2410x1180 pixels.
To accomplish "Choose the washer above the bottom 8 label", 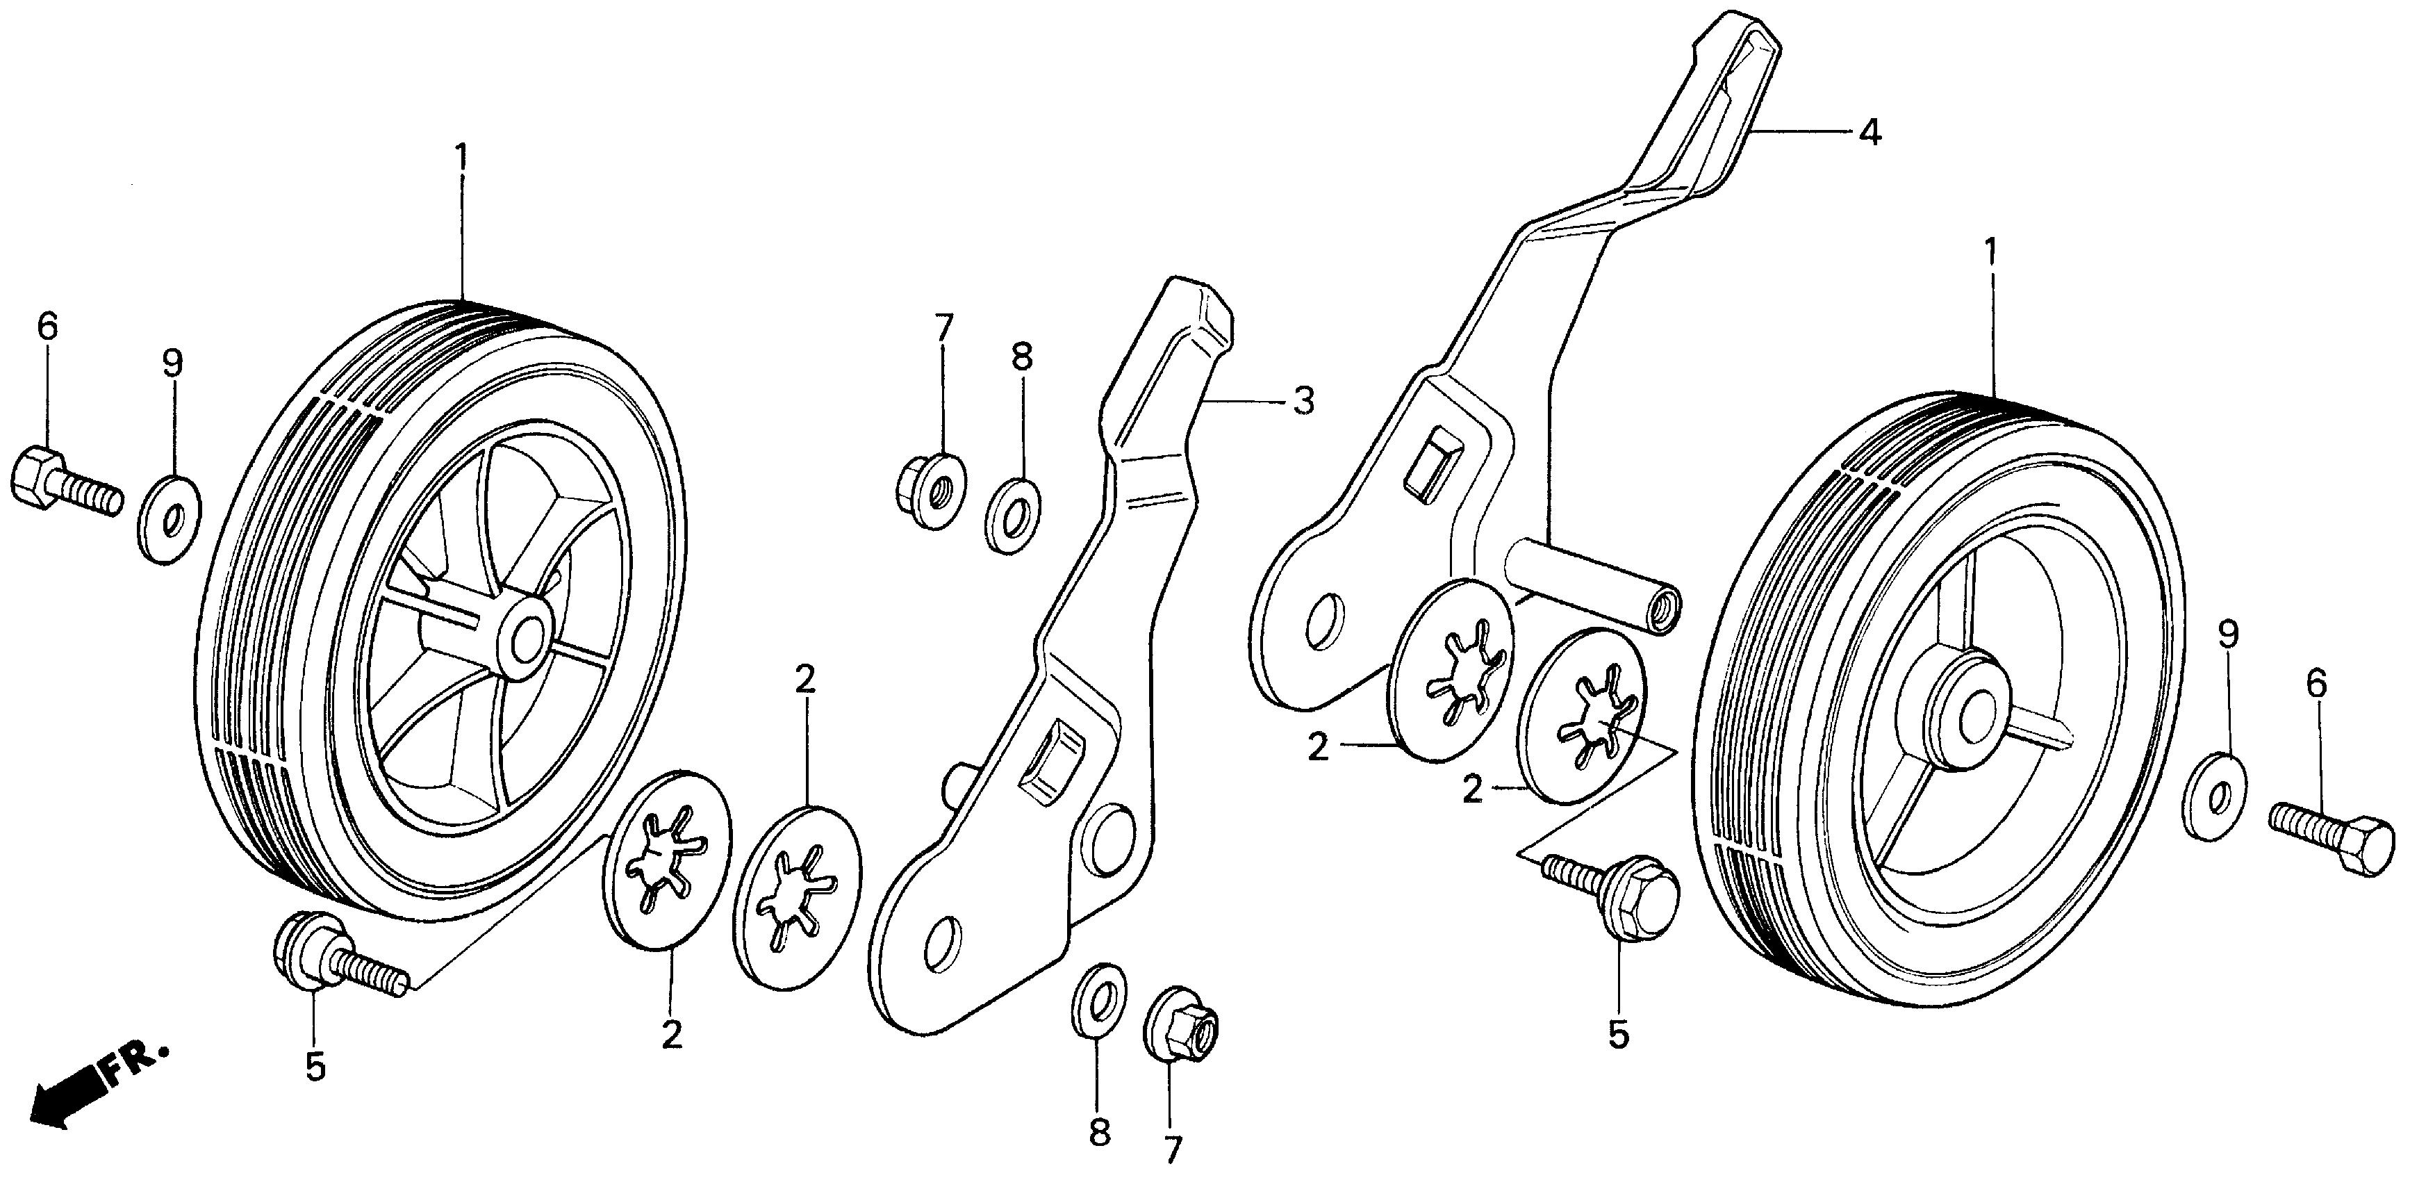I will tap(1098, 999).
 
